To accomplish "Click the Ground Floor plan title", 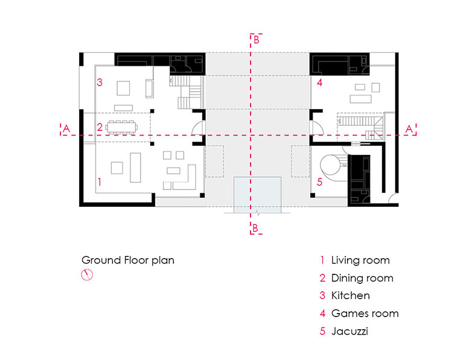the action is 128,261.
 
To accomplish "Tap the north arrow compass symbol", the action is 87,274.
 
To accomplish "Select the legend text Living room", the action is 360,260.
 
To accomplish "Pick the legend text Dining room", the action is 362,278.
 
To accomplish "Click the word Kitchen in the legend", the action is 351,295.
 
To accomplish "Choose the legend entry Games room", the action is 365,314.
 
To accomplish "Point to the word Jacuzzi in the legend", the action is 349,331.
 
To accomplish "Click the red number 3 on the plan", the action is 100,82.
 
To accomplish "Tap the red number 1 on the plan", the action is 100,182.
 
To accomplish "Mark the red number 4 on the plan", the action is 320,83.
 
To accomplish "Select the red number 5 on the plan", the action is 320,182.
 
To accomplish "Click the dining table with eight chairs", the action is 121,127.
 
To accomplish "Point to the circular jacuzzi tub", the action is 330,165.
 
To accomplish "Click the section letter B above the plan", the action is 257,40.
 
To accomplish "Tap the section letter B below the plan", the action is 255,228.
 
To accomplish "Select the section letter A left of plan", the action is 66,129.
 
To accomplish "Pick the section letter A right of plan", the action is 409,129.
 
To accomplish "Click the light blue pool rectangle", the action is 258,195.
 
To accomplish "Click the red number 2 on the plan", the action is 100,127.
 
